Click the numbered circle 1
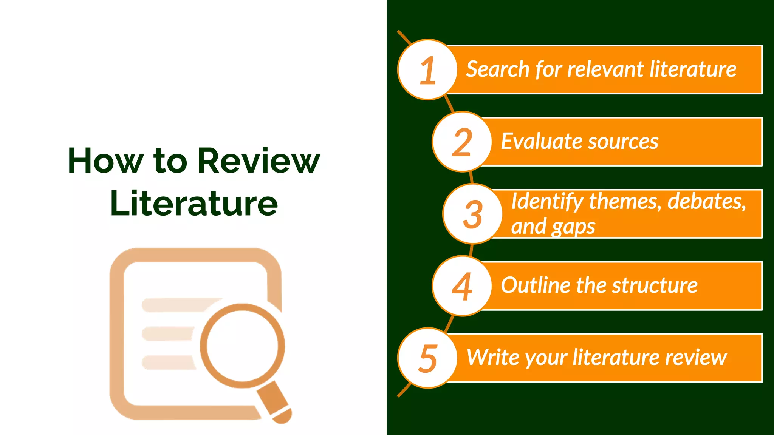(x=427, y=69)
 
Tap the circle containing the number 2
(x=462, y=142)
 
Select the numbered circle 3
(x=472, y=214)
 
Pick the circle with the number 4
(x=462, y=286)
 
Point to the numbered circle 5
(x=427, y=358)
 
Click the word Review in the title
(x=259, y=161)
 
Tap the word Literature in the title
(x=194, y=204)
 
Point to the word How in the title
(x=105, y=161)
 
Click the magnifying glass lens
(x=242, y=346)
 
